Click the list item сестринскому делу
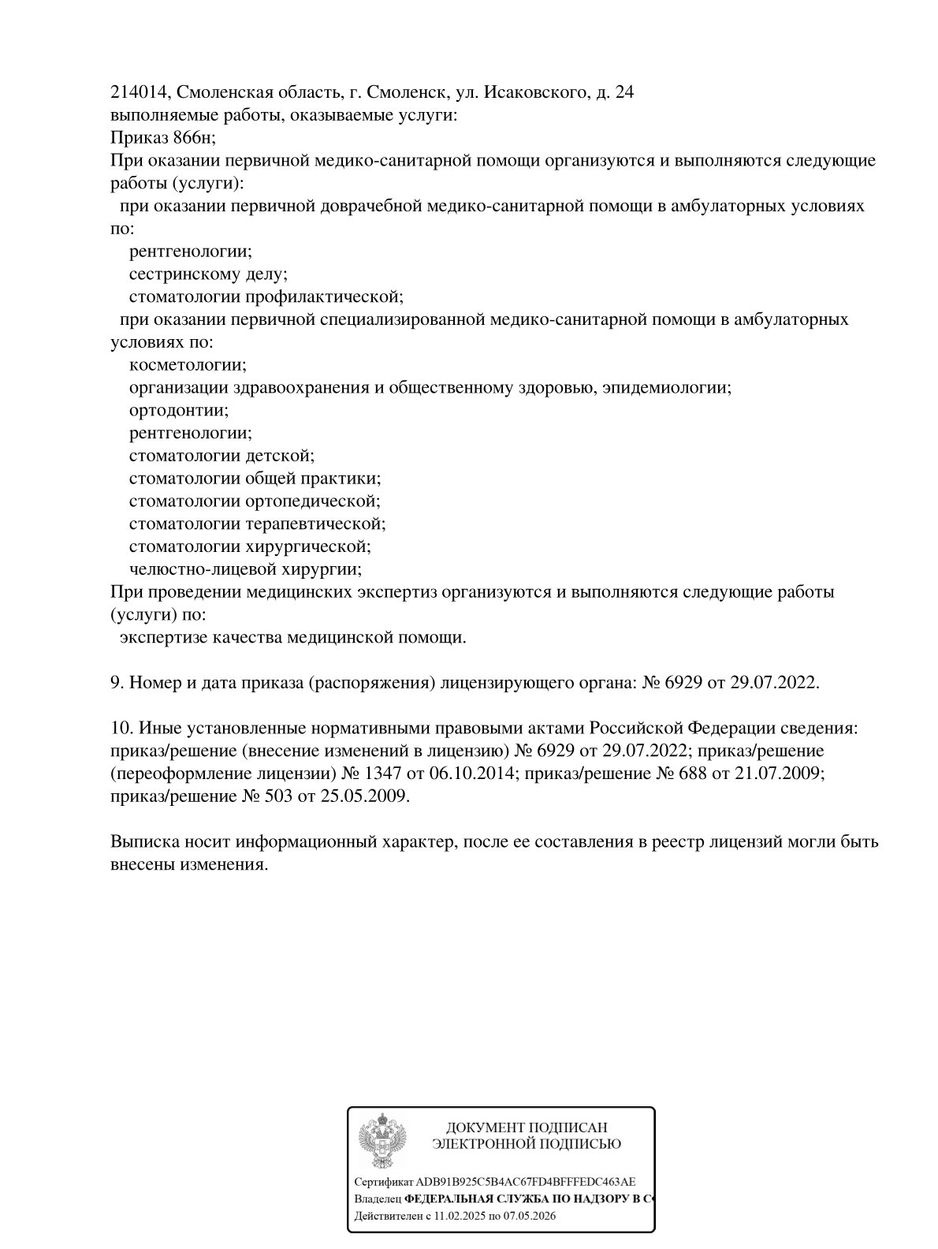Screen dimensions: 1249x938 [208, 274]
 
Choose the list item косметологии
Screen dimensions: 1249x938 [188, 365]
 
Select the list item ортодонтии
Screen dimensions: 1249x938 [179, 411]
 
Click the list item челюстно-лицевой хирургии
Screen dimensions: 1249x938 [245, 569]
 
